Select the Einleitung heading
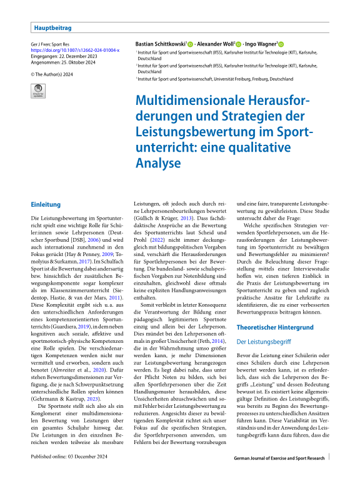coord(47,205)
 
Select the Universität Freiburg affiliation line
coord(216,79)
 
